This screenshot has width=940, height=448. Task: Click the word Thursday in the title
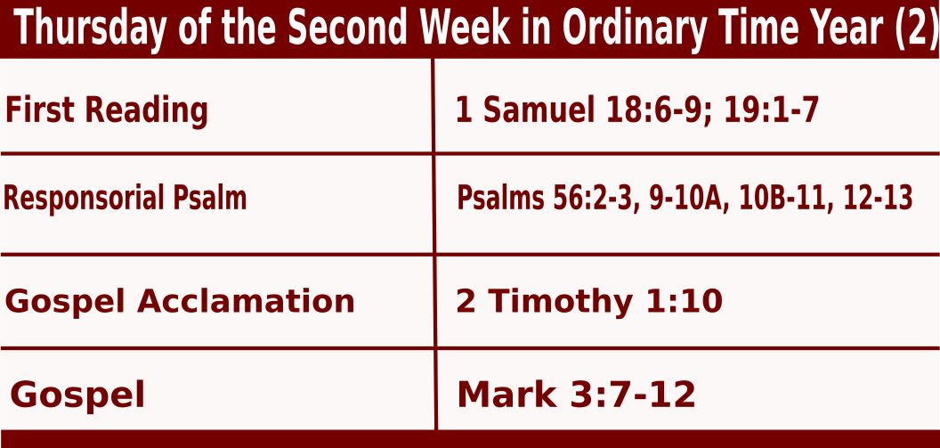point(87,28)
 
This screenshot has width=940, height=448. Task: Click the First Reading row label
point(107,110)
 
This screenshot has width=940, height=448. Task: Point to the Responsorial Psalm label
point(125,198)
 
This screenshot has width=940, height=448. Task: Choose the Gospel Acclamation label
point(180,300)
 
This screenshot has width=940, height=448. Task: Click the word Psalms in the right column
point(500,198)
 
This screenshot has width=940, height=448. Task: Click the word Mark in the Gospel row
point(506,395)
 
